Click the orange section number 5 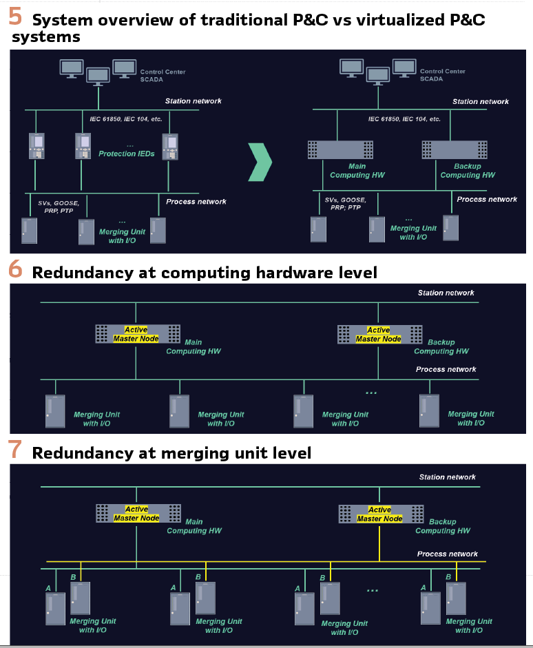pyautogui.click(x=14, y=17)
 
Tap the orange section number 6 pyautogui.click(x=15, y=269)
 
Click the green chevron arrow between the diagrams pyautogui.click(x=260, y=163)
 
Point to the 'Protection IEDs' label pyautogui.click(x=127, y=154)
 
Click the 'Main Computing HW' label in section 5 pyautogui.click(x=357, y=171)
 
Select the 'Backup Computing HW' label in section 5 pyautogui.click(x=468, y=171)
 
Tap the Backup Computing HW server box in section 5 pyautogui.click(x=454, y=149)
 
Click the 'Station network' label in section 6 pyautogui.click(x=446, y=293)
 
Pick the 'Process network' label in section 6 pyautogui.click(x=446, y=370)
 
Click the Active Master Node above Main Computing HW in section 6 pyautogui.click(x=136, y=334)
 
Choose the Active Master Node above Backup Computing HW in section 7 pyautogui.click(x=379, y=514)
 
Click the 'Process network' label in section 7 pyautogui.click(x=447, y=554)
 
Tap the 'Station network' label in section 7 pyautogui.click(x=447, y=477)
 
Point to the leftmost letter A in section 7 pyautogui.click(x=48, y=587)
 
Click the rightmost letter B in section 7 pyautogui.click(x=448, y=577)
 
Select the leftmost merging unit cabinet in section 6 pyautogui.click(x=55, y=411)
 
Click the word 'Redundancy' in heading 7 pyautogui.click(x=74, y=453)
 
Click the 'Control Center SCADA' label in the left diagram pyautogui.click(x=163, y=75)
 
